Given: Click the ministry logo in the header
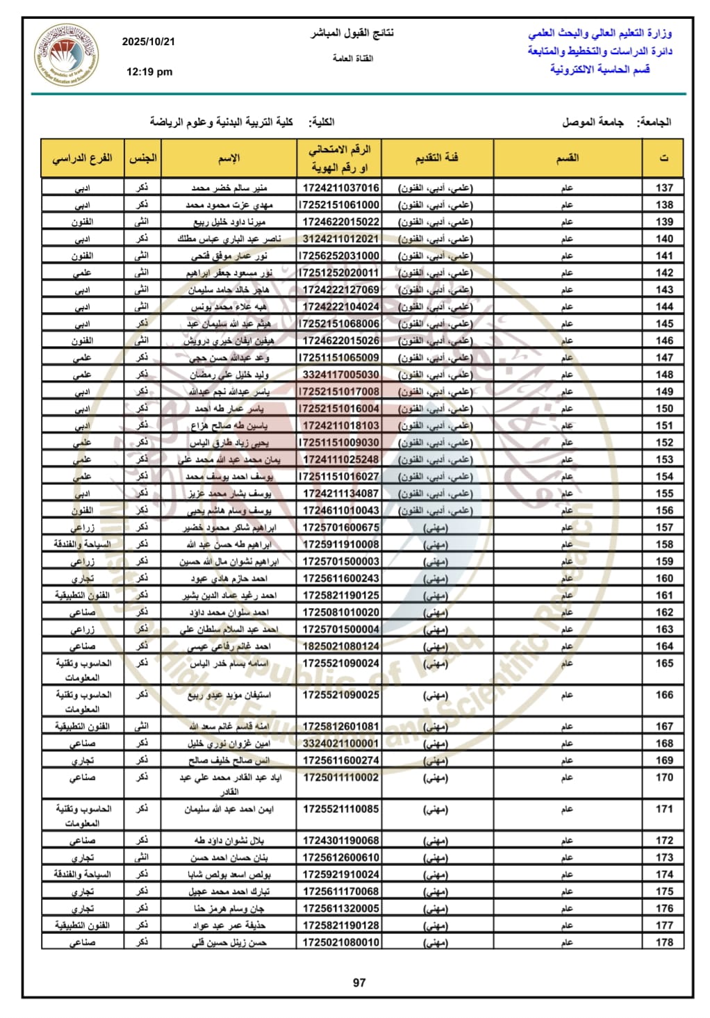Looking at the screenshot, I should pyautogui.click(x=66, y=55).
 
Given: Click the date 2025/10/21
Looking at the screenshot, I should pyautogui.click(x=149, y=42).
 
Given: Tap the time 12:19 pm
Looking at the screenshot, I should pyautogui.click(x=149, y=72).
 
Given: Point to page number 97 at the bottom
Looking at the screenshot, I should pyautogui.click(x=359, y=983).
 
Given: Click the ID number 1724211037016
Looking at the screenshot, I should pyautogui.click(x=340, y=188).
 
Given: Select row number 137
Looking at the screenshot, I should pyautogui.click(x=664, y=188).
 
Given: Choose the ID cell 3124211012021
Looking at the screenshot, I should pyautogui.click(x=340, y=238).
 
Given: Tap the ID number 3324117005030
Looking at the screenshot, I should pyautogui.click(x=340, y=375).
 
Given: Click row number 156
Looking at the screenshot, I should pyautogui.click(x=664, y=510).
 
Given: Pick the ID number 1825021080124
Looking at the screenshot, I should pyautogui.click(x=340, y=646).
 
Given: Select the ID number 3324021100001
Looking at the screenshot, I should pyautogui.click(x=340, y=744).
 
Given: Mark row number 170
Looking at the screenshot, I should pyautogui.click(x=664, y=778).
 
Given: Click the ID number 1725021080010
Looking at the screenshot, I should pyautogui.click(x=340, y=942).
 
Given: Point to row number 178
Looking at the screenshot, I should pyautogui.click(x=664, y=942).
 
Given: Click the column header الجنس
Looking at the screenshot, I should pyautogui.click(x=142, y=158).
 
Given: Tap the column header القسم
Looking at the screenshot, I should pyautogui.click(x=568, y=158).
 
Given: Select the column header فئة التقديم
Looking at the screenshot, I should pyautogui.click(x=437, y=158).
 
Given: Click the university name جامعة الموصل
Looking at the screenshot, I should pyautogui.click(x=593, y=122).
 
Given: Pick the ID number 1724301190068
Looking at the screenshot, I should pyautogui.click(x=340, y=840).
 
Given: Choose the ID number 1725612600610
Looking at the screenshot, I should pyautogui.click(x=340, y=857).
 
